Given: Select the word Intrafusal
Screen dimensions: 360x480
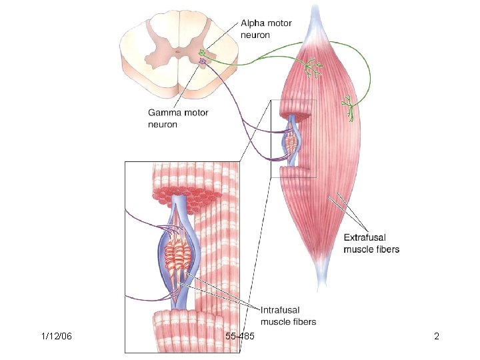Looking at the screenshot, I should pos(279,309).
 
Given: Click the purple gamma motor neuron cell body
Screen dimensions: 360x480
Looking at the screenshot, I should pos(203,62).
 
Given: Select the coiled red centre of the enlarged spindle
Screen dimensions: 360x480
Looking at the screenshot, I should pos(179,253).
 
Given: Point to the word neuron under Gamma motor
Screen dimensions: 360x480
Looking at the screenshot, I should pos(162,125).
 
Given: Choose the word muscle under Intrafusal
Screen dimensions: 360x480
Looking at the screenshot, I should pos(274,321).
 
